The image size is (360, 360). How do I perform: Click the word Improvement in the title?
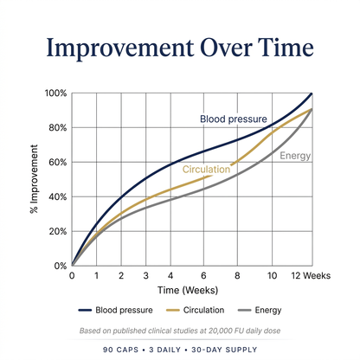click(120, 48)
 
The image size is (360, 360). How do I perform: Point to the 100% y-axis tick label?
click(55, 93)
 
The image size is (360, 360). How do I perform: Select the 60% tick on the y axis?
click(57, 162)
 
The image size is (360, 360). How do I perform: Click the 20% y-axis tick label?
click(57, 231)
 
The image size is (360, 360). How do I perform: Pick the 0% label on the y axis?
click(60, 266)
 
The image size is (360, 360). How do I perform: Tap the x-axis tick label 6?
click(203, 276)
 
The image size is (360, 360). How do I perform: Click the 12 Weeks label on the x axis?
click(311, 276)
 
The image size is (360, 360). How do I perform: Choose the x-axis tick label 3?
click(145, 276)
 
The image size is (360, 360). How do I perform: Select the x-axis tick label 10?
click(272, 276)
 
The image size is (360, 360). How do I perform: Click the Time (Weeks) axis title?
click(188, 290)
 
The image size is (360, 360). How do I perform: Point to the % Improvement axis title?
click(34, 179)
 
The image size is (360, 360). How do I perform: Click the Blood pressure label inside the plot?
click(234, 119)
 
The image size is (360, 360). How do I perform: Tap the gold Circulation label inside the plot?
click(206, 169)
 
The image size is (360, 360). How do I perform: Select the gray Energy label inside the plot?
click(295, 156)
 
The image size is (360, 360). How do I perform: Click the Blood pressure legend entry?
click(115, 310)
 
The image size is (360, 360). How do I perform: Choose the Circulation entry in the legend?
click(196, 310)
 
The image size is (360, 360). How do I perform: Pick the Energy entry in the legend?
click(260, 311)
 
